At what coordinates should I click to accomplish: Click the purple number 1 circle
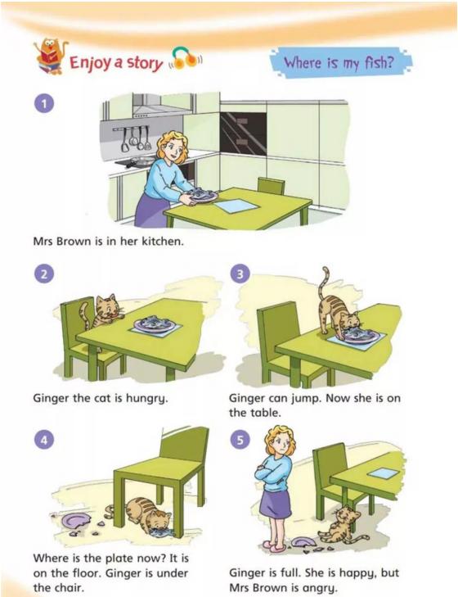pyautogui.click(x=45, y=104)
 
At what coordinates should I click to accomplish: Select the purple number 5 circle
pyautogui.click(x=240, y=440)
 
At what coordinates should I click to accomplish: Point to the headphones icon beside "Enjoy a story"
pyautogui.click(x=185, y=58)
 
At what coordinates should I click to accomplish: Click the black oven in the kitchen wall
pyautogui.click(x=244, y=133)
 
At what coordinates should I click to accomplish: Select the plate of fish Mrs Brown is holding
pyautogui.click(x=203, y=195)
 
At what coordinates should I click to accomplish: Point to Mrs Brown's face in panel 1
pyautogui.click(x=174, y=148)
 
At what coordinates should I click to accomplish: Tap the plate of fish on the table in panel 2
pyautogui.click(x=155, y=324)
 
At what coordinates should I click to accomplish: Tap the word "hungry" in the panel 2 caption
pyautogui.click(x=147, y=399)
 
